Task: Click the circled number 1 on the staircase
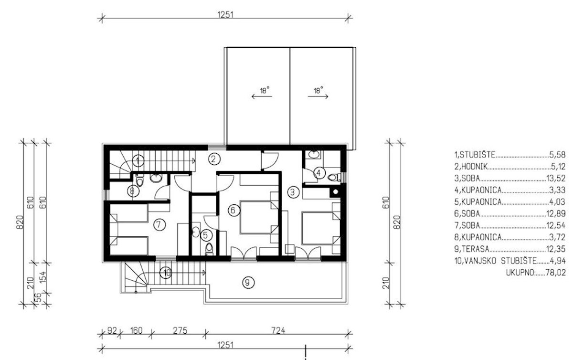click(138, 161)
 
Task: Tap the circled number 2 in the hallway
click(214, 159)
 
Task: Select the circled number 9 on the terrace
click(248, 283)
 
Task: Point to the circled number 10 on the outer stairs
click(166, 273)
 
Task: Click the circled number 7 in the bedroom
click(159, 225)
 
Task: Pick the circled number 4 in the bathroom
click(319, 173)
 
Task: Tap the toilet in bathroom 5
click(209, 249)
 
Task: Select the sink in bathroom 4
click(314, 155)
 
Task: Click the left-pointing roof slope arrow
click(262, 96)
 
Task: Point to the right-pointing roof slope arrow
click(318, 96)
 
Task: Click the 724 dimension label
click(278, 331)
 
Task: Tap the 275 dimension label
click(180, 331)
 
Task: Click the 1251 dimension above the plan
click(225, 15)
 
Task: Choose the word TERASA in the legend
click(476, 249)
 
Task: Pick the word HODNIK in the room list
click(475, 167)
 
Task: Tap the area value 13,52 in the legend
click(556, 179)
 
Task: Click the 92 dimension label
click(112, 331)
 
